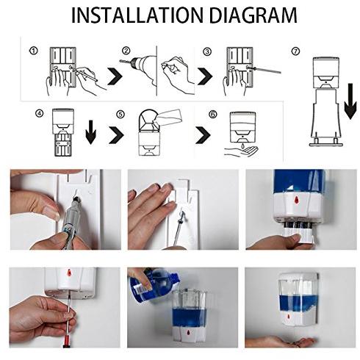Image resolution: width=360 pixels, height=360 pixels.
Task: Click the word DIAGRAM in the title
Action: (253, 15)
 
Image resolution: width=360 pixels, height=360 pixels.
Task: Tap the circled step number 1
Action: (34, 51)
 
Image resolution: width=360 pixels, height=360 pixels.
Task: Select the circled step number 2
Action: (126, 51)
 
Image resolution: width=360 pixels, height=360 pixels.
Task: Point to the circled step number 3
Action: (207, 51)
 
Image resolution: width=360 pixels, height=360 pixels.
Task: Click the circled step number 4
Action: (40, 113)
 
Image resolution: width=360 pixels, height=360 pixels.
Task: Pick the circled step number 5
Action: (120, 114)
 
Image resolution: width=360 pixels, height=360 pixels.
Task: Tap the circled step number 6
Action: (213, 114)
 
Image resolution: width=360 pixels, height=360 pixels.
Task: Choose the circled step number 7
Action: (295, 51)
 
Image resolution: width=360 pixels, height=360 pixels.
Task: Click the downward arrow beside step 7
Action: (350, 101)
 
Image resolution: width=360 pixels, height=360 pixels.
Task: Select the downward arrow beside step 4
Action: (91, 132)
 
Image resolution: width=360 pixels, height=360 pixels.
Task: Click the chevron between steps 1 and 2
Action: (115, 76)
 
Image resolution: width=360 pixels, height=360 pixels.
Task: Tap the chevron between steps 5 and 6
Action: (203, 134)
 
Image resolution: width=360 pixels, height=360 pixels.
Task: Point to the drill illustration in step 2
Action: (139, 68)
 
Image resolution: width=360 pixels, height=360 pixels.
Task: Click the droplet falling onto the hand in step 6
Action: (242, 145)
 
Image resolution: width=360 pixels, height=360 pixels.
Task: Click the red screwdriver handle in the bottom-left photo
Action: (68, 341)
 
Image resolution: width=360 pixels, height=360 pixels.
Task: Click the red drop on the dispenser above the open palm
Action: (288, 317)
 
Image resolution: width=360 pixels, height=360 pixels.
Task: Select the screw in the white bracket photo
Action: (179, 220)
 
